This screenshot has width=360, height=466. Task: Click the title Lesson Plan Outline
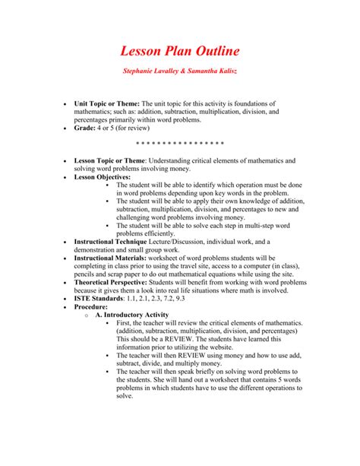[180, 52]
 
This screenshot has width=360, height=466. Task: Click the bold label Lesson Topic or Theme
[109, 161]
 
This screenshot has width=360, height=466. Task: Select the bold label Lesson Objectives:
[103, 176]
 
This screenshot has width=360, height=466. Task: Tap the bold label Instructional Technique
[111, 241]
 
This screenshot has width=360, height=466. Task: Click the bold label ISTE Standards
[99, 298]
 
